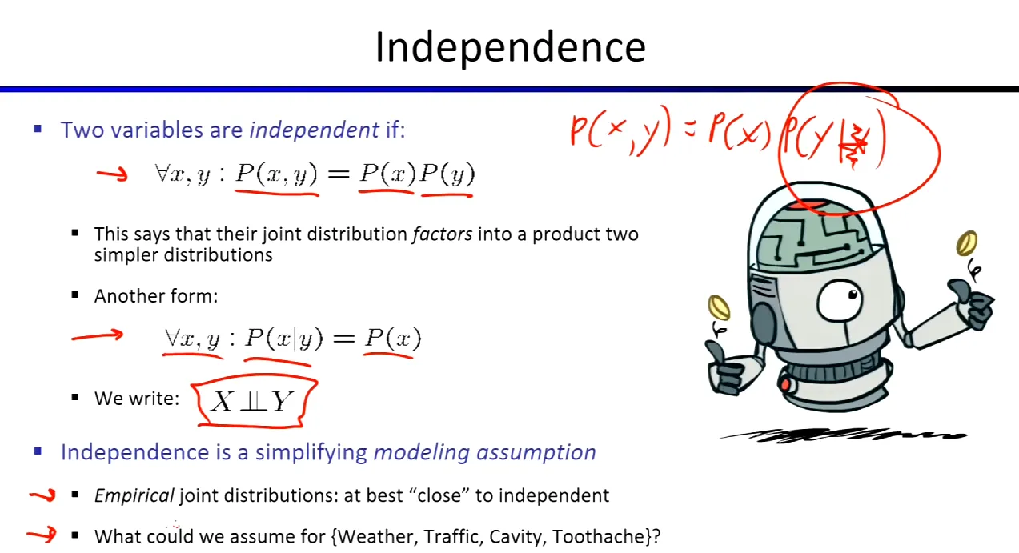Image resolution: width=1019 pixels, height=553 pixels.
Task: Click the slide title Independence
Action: [510, 48]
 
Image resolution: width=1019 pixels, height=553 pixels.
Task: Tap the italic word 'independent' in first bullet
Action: [314, 130]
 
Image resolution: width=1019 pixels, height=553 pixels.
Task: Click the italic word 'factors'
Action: [442, 234]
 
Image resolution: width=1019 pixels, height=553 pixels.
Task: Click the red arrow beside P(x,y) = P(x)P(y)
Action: [112, 174]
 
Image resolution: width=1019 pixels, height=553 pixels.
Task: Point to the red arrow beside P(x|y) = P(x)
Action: [98, 335]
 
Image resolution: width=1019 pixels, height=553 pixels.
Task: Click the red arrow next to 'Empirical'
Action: [42, 495]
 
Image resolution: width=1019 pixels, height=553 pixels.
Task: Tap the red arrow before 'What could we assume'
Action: [42, 534]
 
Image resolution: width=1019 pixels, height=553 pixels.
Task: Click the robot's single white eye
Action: [840, 302]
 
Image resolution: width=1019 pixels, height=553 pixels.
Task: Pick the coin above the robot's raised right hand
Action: [966, 243]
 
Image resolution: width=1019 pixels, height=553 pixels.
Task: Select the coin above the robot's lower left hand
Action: [719, 307]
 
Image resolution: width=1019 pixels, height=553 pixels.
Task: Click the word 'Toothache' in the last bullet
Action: [599, 537]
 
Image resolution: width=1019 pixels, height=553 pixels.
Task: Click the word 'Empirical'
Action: [134, 495]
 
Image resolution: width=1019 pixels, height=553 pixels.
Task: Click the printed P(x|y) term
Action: [284, 339]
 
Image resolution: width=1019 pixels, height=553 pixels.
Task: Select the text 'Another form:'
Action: [156, 296]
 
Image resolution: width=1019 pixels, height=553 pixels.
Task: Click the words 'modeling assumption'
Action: [485, 452]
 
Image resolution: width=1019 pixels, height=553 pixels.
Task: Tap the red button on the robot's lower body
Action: [784, 385]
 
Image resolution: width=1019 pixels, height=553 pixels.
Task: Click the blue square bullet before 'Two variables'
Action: [38, 129]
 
